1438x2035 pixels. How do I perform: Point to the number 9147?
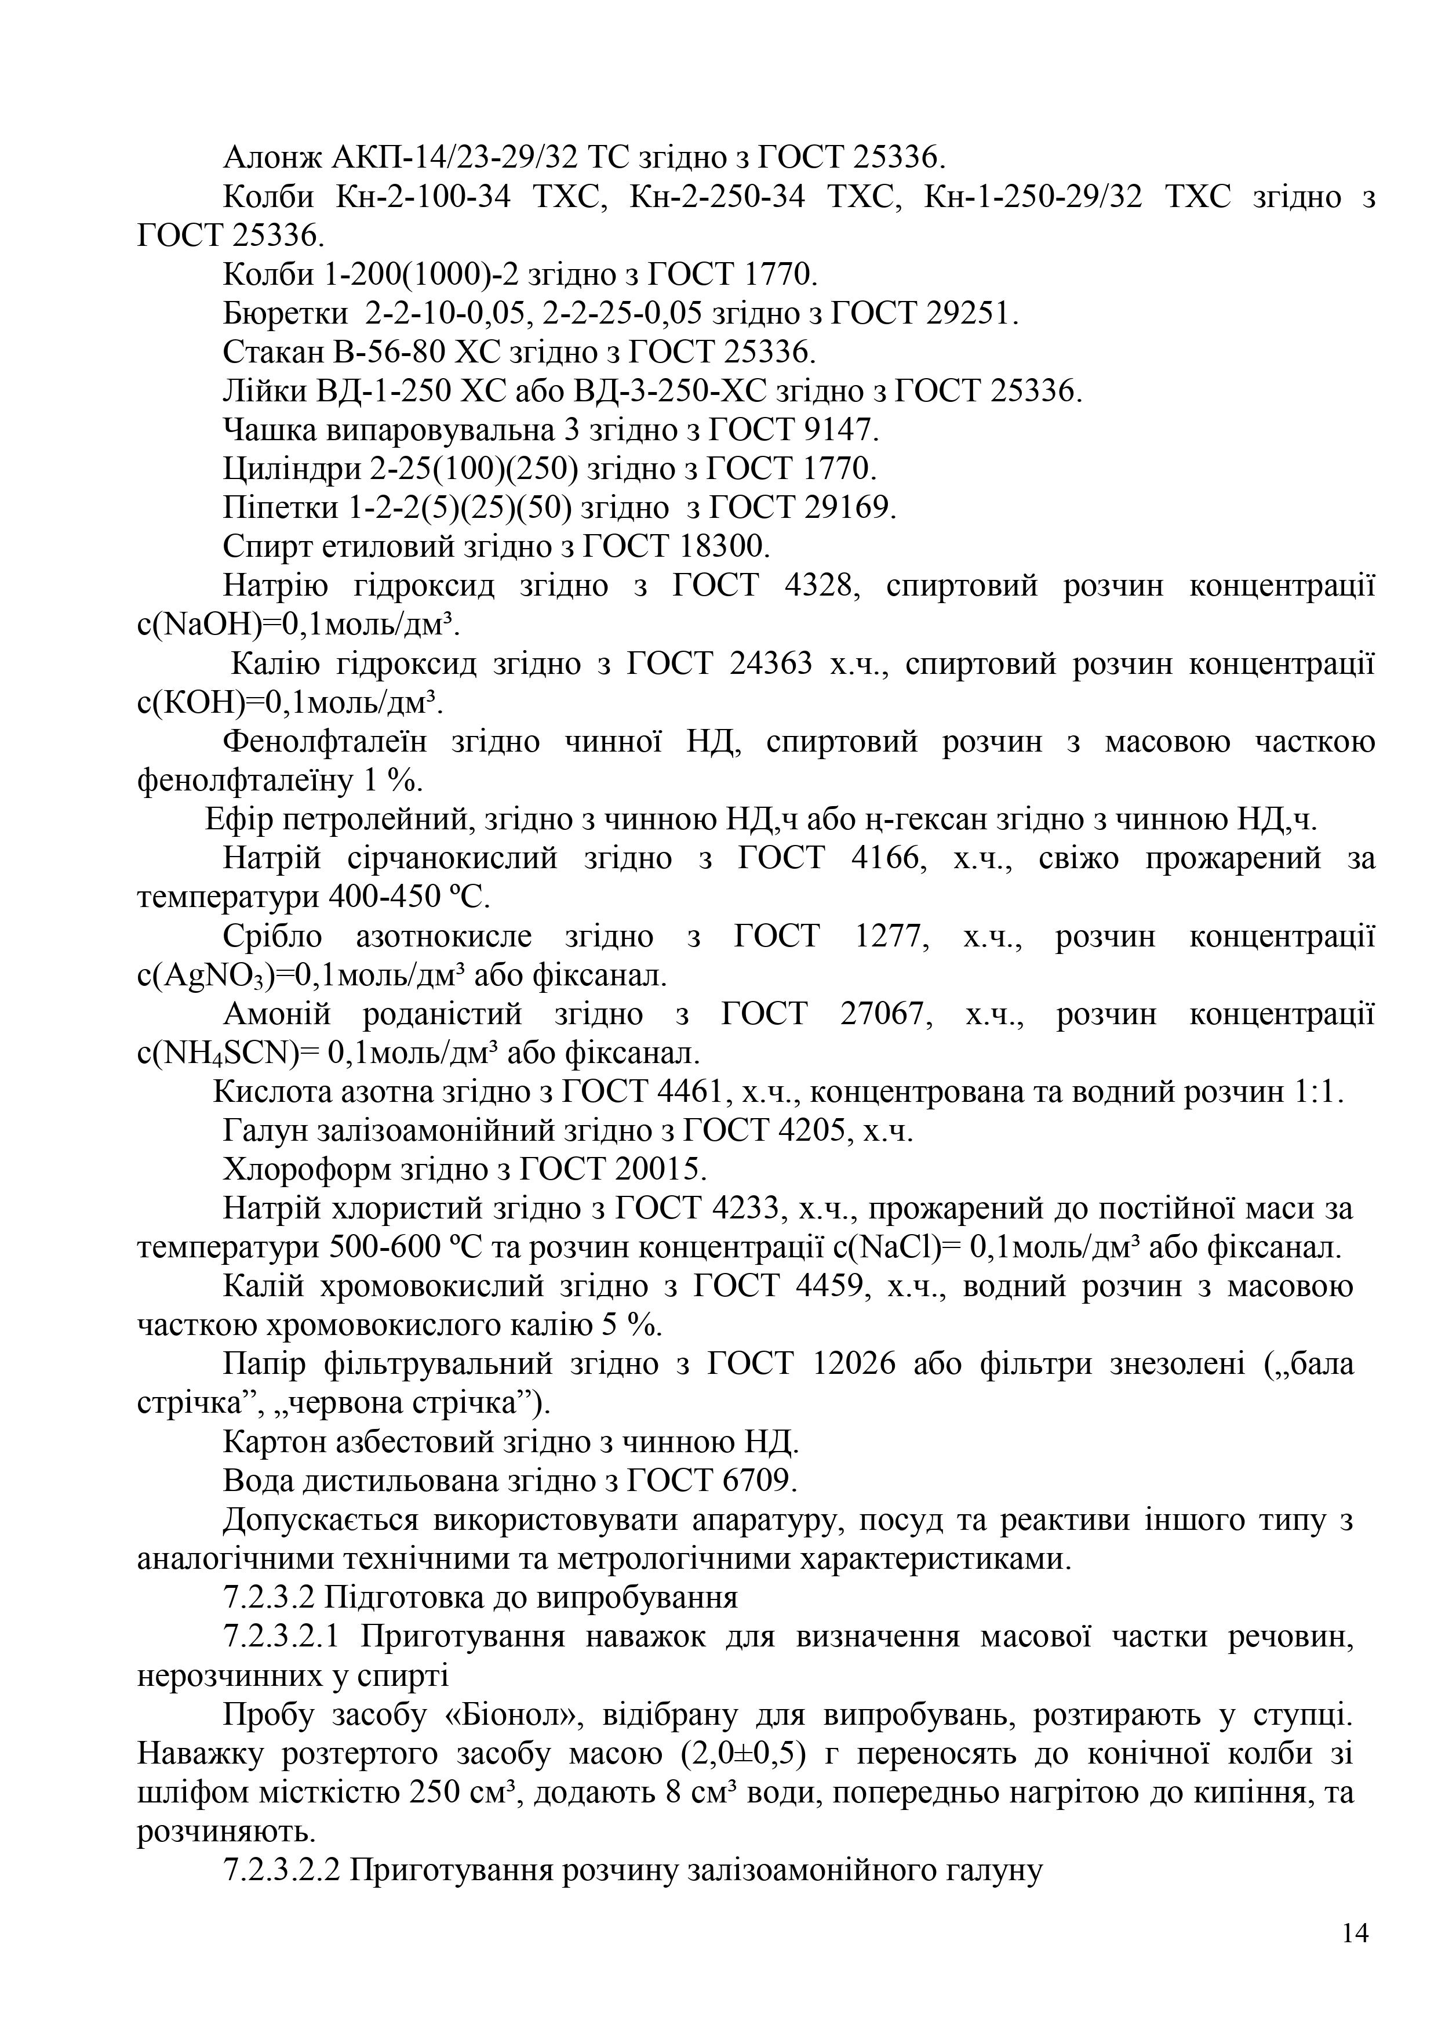coord(841,431)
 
